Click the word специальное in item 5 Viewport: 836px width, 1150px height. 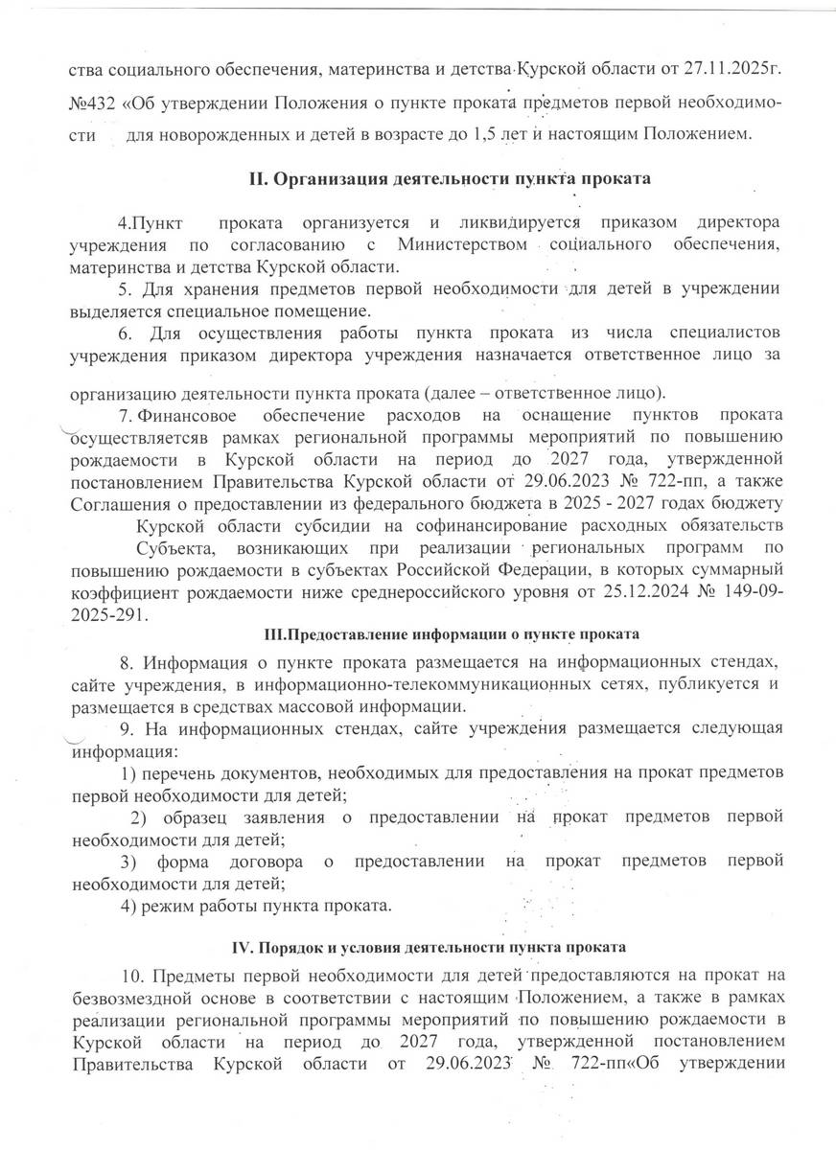[222, 310]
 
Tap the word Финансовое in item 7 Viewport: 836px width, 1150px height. [187, 414]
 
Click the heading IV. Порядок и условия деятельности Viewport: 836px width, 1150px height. [430, 949]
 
